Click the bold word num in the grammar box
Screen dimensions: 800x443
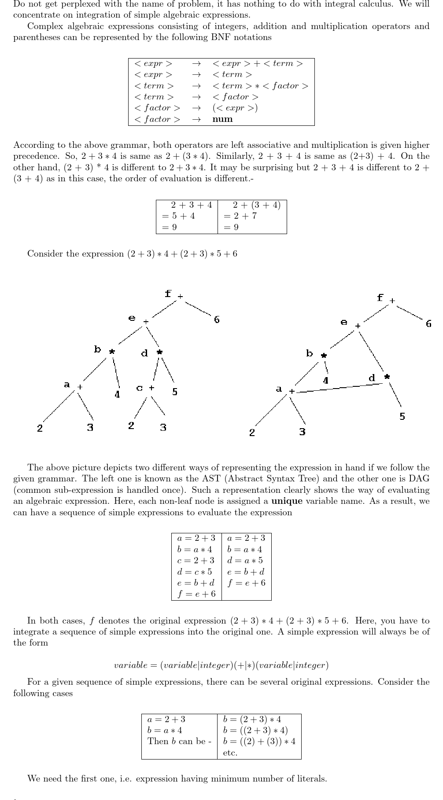[222, 119]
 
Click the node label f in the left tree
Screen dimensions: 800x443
[168, 294]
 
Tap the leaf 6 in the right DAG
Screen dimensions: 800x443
[428, 324]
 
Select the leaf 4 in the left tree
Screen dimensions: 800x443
[117, 395]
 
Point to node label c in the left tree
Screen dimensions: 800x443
[139, 388]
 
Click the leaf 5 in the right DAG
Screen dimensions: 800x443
[402, 416]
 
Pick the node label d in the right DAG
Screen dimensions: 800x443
[372, 378]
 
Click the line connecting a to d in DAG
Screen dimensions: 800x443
[339, 388]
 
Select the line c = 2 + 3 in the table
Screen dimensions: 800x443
[196, 560]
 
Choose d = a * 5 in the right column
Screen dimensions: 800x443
[245, 560]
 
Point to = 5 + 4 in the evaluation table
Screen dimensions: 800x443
[178, 216]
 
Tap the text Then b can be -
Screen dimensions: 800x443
[179, 741]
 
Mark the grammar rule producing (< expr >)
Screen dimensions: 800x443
[235, 108]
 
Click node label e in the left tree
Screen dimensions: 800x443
[132, 318]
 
